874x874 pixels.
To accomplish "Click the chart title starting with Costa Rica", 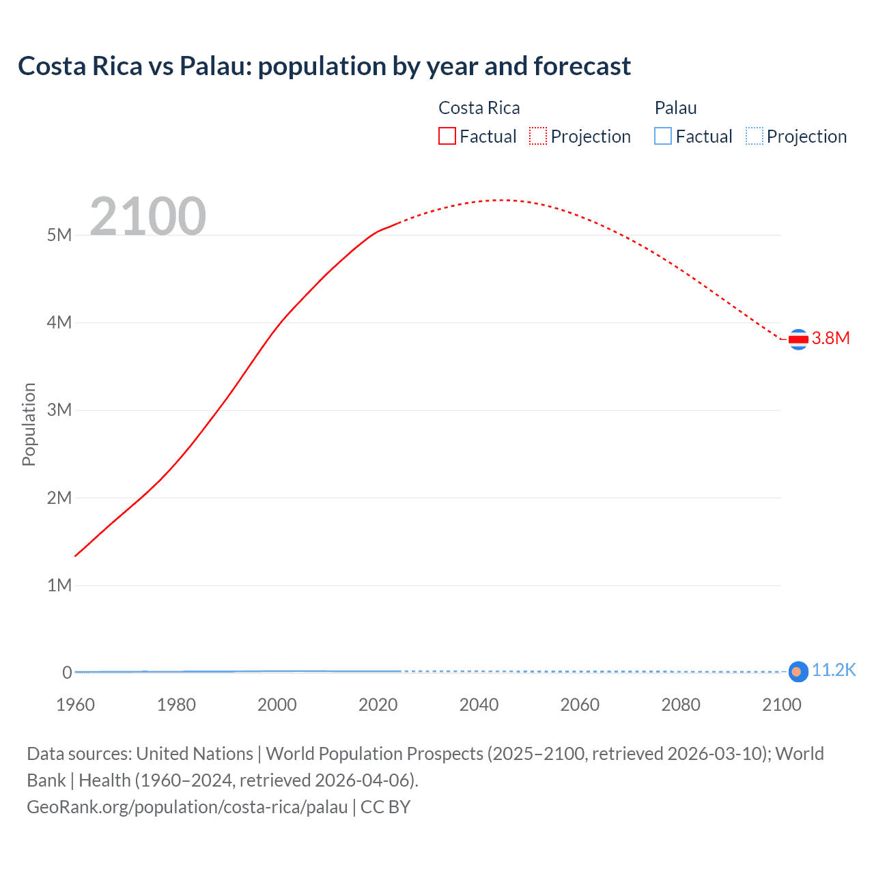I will tap(324, 66).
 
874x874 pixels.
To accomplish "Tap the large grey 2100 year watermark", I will tap(147, 216).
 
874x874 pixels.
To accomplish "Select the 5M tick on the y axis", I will tap(59, 235).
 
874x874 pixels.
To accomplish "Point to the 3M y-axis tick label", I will tap(59, 410).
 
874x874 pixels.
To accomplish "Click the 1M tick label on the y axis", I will tap(59, 585).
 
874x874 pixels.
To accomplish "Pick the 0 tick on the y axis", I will tap(67, 673).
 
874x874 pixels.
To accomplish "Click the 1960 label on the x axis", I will tap(75, 705).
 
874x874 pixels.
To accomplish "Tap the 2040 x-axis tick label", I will tap(479, 705).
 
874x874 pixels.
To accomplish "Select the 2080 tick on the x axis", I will tap(680, 705).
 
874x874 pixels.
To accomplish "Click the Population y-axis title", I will tap(29, 424).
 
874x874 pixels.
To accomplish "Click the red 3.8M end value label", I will tap(830, 339).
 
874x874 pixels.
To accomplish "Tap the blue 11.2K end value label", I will tap(833, 670).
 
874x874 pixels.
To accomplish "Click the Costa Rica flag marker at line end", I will tap(798, 339).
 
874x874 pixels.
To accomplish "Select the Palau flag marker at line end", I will tap(798, 672).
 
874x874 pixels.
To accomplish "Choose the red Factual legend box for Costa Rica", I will tap(447, 137).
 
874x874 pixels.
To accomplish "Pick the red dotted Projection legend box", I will tap(538, 137).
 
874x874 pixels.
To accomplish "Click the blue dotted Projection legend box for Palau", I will tap(754, 137).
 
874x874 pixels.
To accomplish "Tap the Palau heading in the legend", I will tap(675, 108).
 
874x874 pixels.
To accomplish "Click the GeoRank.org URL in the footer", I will tap(187, 807).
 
